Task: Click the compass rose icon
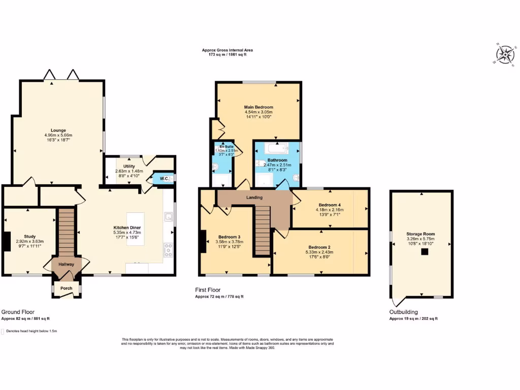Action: [504, 54]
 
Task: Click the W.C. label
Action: [164, 178]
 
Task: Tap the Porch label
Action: [67, 288]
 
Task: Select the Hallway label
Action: [67, 265]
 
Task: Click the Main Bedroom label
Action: [258, 107]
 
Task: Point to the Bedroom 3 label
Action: [229, 237]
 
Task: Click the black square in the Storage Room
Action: [421, 251]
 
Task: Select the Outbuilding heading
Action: [404, 312]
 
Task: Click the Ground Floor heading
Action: [18, 312]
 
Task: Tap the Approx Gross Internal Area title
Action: [227, 50]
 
